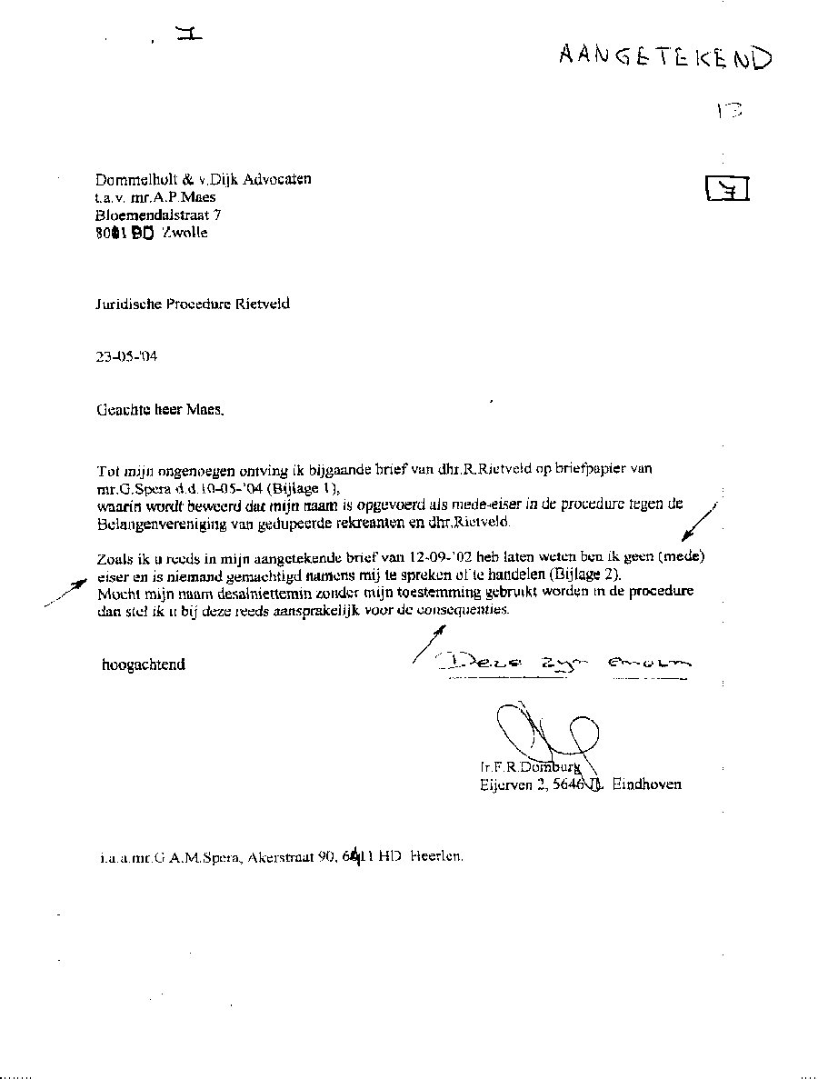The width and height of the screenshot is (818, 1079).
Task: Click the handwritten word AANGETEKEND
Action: [665, 56]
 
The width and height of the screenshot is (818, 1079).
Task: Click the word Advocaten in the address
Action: [280, 179]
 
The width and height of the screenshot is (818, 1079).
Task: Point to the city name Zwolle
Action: [185, 233]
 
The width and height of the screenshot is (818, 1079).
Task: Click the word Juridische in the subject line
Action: [128, 305]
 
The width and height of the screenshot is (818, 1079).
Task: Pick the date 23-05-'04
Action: [126, 357]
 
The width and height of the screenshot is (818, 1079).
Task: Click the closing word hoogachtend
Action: [144, 664]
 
